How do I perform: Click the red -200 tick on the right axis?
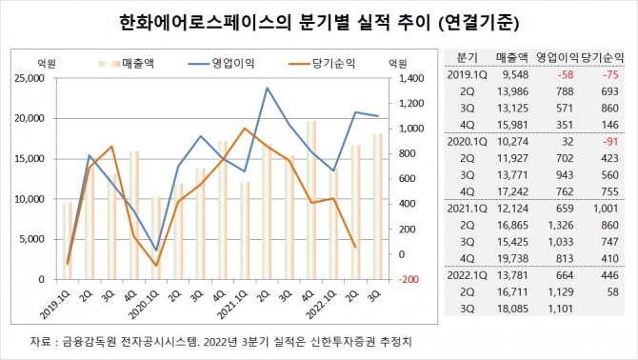404,279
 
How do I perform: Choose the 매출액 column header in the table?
511,56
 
